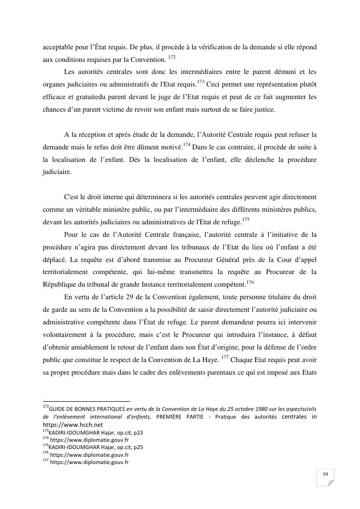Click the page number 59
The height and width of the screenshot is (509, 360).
point(325,474)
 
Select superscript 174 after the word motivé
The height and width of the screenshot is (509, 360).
point(186,144)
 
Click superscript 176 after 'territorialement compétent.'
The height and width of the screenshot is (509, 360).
point(250,282)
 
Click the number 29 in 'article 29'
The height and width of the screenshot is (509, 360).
point(134,297)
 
